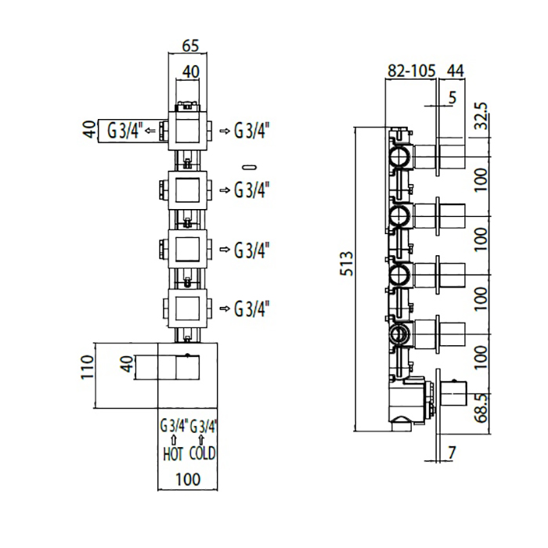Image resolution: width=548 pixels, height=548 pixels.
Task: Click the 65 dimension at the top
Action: click(x=189, y=45)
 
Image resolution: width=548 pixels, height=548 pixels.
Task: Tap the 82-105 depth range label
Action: click(x=411, y=71)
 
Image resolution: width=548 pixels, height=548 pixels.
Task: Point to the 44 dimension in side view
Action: click(x=455, y=71)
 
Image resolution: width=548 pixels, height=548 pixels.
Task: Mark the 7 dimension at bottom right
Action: click(x=452, y=452)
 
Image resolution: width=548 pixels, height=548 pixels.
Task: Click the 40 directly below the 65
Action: click(x=189, y=72)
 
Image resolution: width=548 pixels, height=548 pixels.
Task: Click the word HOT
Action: click(x=173, y=453)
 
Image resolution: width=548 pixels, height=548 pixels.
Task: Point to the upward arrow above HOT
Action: click(x=173, y=440)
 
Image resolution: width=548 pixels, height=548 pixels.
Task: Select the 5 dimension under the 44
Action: click(x=452, y=97)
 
